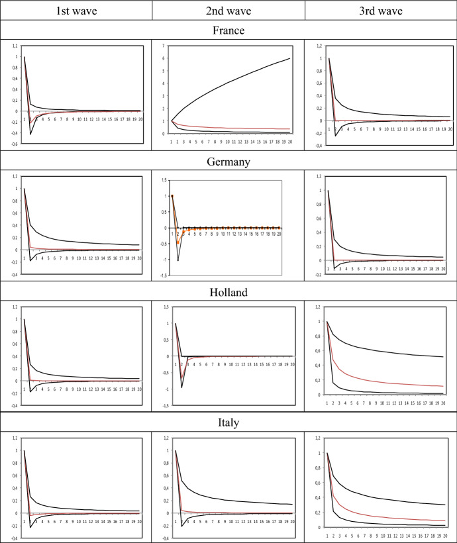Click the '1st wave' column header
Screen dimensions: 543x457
tap(76, 10)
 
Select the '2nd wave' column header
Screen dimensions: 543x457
tap(228, 10)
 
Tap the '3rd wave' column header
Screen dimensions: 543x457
tap(380, 10)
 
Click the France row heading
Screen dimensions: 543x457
tap(228, 30)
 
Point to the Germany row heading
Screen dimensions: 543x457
tap(228, 160)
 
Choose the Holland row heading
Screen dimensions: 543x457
tap(228, 291)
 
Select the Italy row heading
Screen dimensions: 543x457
tap(228, 420)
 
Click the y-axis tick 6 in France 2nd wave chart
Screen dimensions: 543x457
tap(164, 58)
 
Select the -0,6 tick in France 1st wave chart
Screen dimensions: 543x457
tap(15, 143)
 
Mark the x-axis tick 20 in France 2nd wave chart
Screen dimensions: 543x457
tap(289, 140)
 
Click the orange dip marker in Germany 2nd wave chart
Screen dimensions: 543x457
tap(178, 243)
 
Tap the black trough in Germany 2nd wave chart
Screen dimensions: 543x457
tap(178, 260)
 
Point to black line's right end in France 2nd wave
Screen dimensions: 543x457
tap(289, 58)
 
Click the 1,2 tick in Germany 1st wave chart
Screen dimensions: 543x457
tap(15, 176)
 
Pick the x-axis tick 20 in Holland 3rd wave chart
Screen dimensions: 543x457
tap(443, 401)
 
